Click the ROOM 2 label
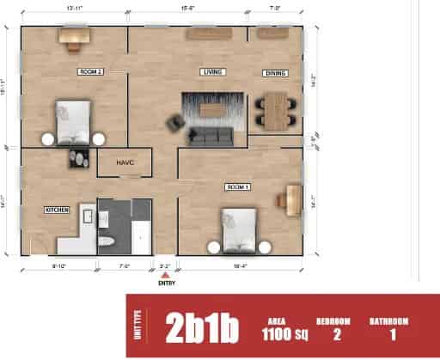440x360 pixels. tap(90, 71)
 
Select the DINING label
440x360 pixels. tap(275, 72)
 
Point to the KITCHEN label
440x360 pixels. tap(57, 209)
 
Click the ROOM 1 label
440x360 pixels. tap(237, 186)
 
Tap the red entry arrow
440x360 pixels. tap(165, 274)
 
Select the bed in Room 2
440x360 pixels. tap(73, 121)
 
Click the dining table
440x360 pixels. tap(273, 109)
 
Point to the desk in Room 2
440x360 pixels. tap(75, 35)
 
